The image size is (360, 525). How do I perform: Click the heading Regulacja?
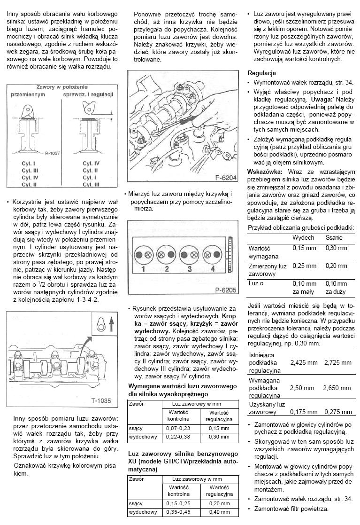(261, 73)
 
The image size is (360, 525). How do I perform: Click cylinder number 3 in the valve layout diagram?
(190, 269)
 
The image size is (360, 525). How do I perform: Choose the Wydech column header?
(303, 238)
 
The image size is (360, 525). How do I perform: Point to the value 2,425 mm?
(304, 363)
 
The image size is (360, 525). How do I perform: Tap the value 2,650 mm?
(337, 388)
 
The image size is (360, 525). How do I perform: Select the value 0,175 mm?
(304, 412)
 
